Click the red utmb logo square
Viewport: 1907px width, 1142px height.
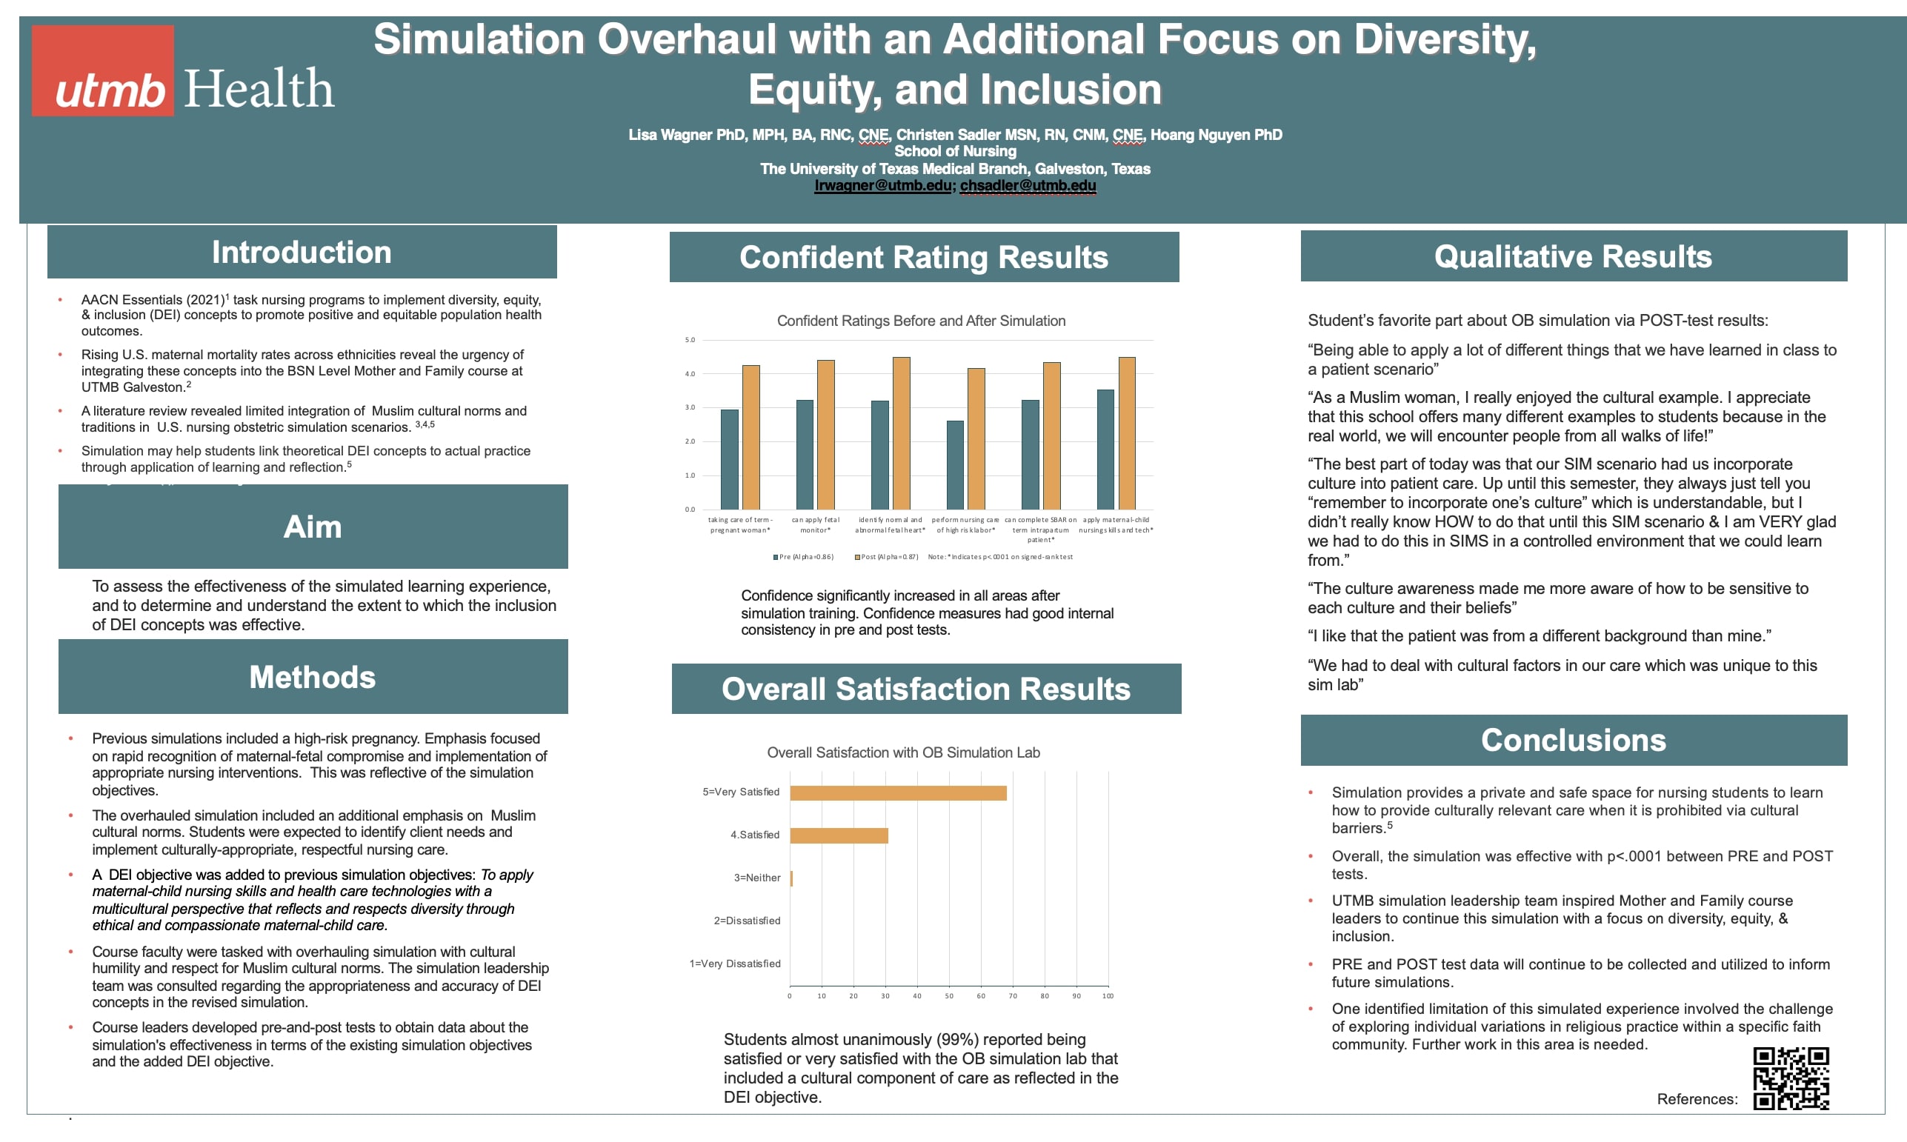coord(102,70)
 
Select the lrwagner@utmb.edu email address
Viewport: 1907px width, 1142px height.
coord(882,185)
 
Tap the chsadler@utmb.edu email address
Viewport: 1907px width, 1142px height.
coord(1028,185)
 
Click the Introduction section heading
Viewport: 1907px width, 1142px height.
coord(302,253)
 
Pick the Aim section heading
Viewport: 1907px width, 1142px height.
coord(313,527)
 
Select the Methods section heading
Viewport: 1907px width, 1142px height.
coord(313,677)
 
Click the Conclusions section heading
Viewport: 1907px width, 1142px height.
coord(1573,740)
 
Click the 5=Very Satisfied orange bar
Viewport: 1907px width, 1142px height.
coord(897,792)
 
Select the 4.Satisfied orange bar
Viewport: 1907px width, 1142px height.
coord(838,835)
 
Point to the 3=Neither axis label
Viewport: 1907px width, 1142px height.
coord(756,878)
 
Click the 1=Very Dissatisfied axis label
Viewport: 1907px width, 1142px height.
coord(734,964)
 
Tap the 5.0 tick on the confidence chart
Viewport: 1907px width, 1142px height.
coord(690,340)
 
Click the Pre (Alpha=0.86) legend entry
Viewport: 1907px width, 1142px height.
coord(803,557)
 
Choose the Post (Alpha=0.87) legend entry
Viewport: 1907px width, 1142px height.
coord(887,557)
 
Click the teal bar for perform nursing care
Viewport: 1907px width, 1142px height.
coord(954,465)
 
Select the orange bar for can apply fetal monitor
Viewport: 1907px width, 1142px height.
coord(825,435)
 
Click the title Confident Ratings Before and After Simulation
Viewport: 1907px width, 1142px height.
coord(920,321)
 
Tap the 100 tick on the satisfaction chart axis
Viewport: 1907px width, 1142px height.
coord(1108,997)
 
